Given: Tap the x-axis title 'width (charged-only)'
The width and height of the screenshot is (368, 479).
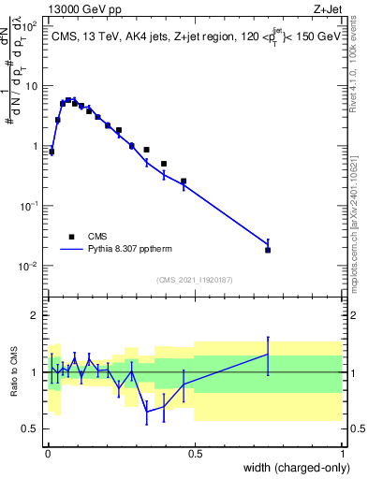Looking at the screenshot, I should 291,467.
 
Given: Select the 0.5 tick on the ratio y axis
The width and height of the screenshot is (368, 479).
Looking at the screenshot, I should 33,428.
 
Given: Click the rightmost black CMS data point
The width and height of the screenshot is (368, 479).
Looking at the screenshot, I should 268,250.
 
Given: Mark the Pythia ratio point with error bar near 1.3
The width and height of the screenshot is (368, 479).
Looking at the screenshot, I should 268,354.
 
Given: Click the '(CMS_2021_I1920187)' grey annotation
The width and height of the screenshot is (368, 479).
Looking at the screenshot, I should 195,279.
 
